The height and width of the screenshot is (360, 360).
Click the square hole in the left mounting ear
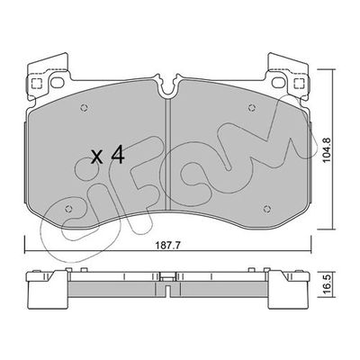coord(37,86)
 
